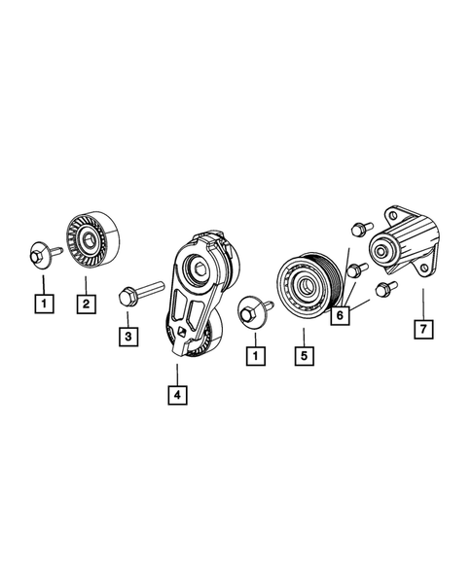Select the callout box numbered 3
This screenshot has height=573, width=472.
point(127,337)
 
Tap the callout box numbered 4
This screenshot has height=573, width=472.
point(176,396)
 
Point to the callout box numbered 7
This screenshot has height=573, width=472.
point(423,329)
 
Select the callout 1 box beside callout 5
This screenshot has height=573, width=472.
point(254,356)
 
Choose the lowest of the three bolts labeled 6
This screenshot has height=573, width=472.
point(383,287)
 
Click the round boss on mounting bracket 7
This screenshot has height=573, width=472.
point(382,253)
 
